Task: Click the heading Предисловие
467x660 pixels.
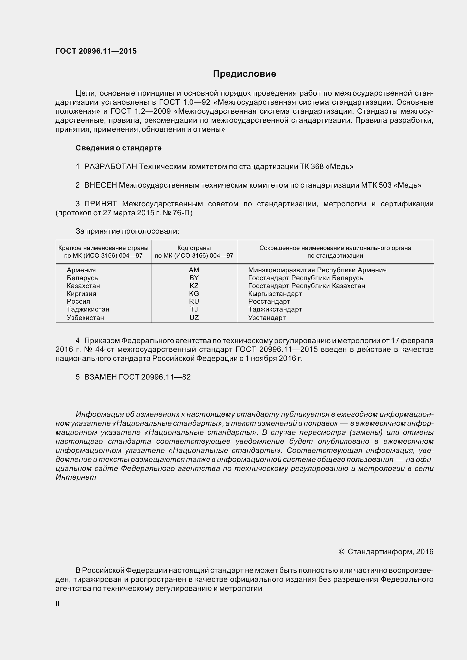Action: (x=244, y=74)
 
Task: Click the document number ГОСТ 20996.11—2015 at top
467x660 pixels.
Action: (x=96, y=51)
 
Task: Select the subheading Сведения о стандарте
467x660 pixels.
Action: (x=119, y=148)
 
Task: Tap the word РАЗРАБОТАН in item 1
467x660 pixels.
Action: (x=110, y=166)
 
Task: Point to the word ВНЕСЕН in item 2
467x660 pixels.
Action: (x=100, y=185)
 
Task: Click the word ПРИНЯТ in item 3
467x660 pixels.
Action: (x=100, y=204)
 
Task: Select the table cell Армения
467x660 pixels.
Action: (x=81, y=270)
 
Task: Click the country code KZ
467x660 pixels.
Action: (x=194, y=286)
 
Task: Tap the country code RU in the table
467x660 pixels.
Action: (x=194, y=301)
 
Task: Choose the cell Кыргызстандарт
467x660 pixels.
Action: (x=275, y=294)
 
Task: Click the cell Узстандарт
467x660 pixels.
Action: (x=267, y=318)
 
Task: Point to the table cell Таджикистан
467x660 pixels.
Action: (x=88, y=309)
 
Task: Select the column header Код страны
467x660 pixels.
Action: (x=194, y=248)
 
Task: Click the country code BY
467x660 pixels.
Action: (x=194, y=278)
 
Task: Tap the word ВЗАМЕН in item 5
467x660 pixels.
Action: (x=100, y=377)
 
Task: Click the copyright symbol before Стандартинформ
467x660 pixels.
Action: (x=342, y=552)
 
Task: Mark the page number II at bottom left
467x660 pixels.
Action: (x=58, y=604)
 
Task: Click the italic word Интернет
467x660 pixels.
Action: (x=76, y=477)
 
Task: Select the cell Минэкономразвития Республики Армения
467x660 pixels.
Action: (x=317, y=270)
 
